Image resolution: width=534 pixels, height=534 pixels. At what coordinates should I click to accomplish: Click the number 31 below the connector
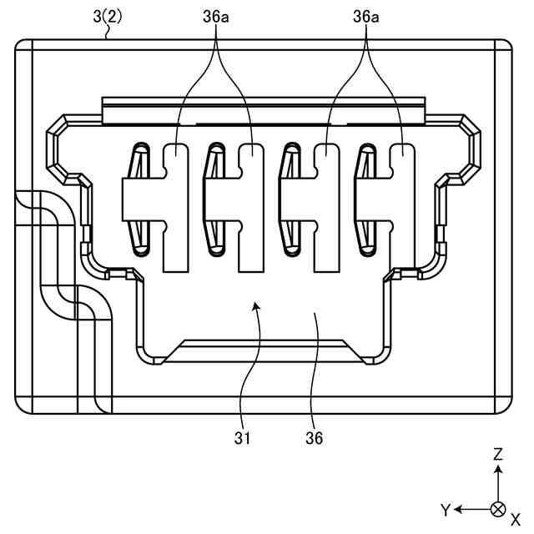(x=241, y=436)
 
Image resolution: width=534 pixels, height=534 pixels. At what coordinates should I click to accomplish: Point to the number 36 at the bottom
(x=314, y=436)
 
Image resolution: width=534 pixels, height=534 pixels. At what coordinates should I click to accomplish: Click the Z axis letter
(x=498, y=455)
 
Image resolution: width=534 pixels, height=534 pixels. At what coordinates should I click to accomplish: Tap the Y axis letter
(x=446, y=509)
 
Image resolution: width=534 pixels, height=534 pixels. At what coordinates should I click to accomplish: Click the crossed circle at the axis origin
(x=498, y=509)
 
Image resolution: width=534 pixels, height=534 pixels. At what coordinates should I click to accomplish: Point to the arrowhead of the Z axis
(x=498, y=470)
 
